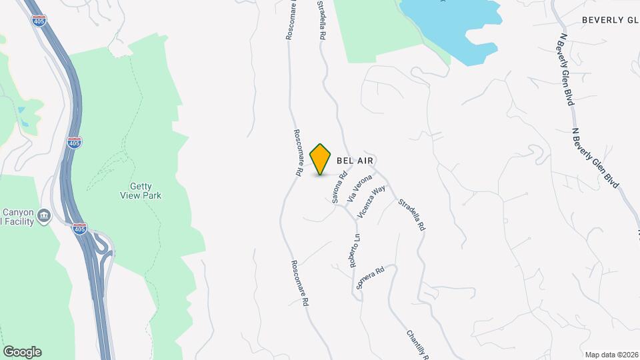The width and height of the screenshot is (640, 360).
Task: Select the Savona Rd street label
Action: [340, 187]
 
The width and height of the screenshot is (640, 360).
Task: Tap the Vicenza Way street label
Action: [371, 202]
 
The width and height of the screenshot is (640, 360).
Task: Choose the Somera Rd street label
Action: [371, 277]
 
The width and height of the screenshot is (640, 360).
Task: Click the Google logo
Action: [22, 352]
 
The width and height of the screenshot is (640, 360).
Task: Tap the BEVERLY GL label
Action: [610, 20]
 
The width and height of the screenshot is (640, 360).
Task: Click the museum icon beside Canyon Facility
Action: [44, 215]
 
